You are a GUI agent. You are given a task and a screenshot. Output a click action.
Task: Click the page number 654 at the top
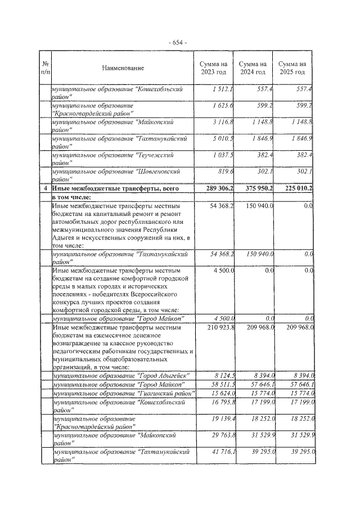coord(179,43)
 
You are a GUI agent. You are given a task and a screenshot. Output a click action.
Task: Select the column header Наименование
coord(123,68)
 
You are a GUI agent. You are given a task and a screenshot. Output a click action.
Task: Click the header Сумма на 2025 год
coord(293,68)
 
